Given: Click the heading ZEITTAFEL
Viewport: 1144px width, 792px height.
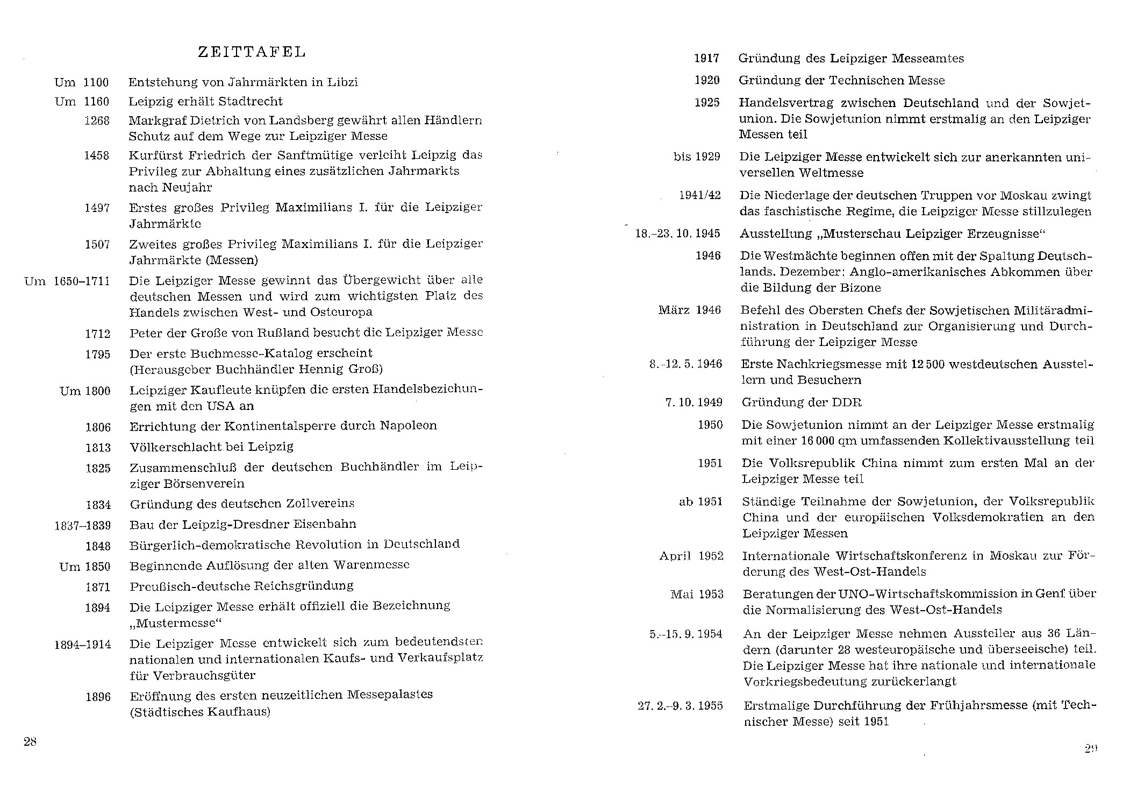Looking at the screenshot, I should pos(252,52).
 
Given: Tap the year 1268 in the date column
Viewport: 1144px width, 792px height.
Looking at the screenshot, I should pos(97,121).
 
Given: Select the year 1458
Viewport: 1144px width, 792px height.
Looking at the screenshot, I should pos(97,155).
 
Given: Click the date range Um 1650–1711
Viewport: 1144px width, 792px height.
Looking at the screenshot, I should pos(67,281).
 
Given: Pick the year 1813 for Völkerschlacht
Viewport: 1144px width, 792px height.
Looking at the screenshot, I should pos(98,448).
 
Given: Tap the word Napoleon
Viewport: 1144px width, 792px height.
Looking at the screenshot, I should pos(408,426).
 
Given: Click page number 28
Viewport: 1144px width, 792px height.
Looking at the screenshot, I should pos(30,741).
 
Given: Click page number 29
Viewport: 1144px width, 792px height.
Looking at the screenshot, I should pos(1091,748).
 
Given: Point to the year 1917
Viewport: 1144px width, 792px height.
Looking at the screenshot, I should pos(706,59).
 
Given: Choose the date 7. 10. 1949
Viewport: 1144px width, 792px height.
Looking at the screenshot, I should pos(693,402).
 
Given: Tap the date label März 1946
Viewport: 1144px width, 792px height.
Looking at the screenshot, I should pos(689,310).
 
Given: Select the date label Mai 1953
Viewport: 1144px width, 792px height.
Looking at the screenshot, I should pos(697,595).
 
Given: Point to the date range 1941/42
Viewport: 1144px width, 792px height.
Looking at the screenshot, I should pos(700,195).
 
